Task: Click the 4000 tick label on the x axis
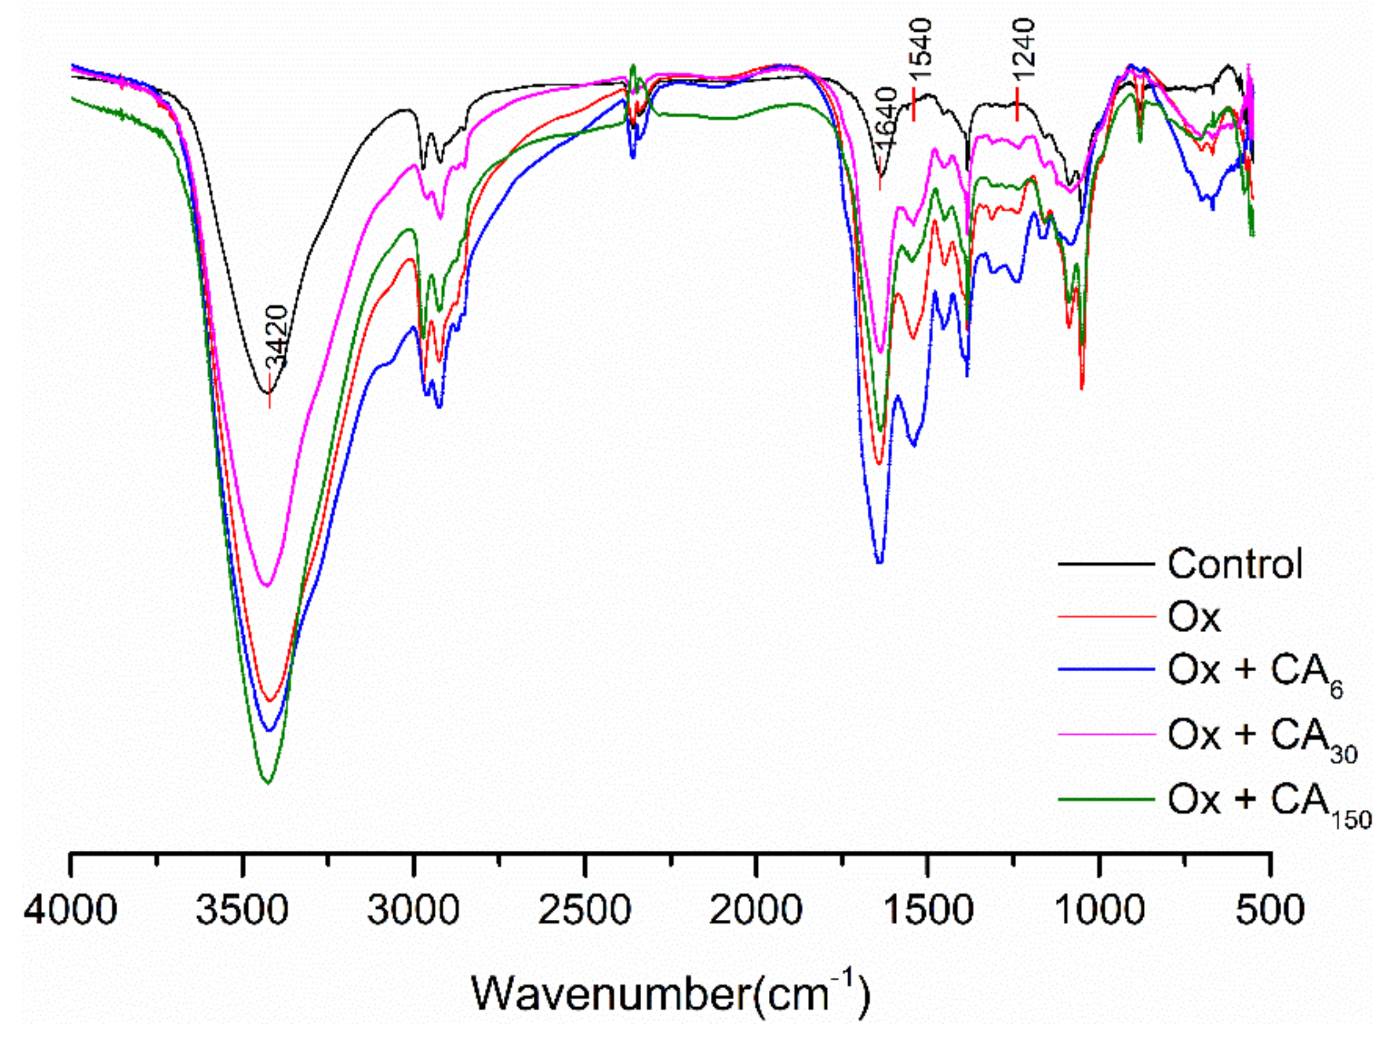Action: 70,909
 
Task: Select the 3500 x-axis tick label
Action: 242,909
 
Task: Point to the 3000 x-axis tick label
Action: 413,909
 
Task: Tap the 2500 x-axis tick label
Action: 584,909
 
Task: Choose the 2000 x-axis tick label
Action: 756,909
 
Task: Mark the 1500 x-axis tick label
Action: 928,909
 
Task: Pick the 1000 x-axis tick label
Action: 1098,909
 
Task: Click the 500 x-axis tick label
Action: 1270,909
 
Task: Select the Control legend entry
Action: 1235,564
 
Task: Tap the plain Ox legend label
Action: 1194,618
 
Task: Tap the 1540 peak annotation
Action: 921,49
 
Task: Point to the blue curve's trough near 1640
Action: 880,562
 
